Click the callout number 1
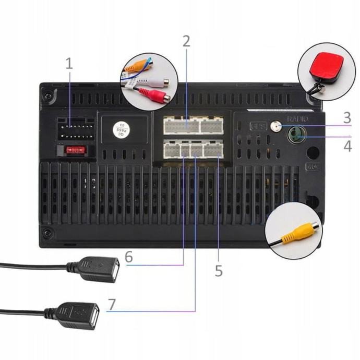coord(69,64)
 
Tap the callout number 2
coord(187,42)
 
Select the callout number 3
coord(347,117)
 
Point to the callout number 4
coord(347,146)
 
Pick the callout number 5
coord(218,270)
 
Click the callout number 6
coord(129,257)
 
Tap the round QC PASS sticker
coord(122,127)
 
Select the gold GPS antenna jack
coord(274,126)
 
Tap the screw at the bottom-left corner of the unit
coord(47,233)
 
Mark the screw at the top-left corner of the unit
coord(49,96)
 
